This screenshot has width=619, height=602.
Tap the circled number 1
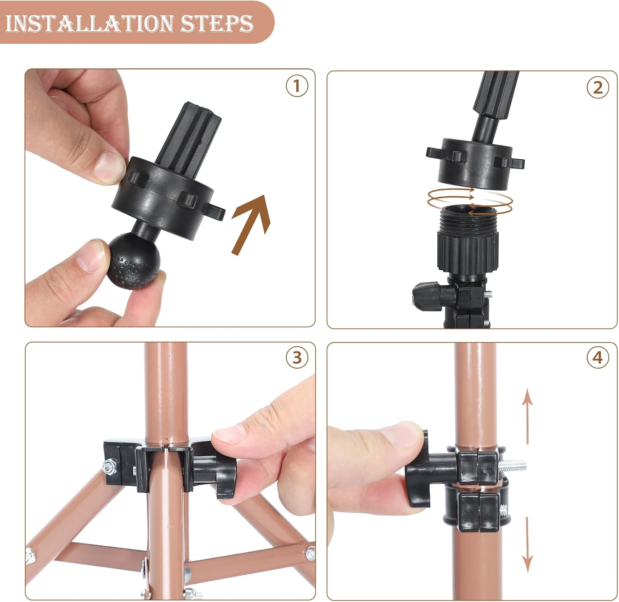click(297, 87)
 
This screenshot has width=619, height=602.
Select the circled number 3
click(297, 357)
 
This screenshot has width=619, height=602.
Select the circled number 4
click(598, 357)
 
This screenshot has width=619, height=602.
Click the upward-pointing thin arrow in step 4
click(527, 417)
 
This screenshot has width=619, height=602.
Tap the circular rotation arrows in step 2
click(470, 201)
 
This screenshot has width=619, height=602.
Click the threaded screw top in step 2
click(469, 219)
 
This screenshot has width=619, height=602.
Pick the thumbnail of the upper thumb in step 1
click(109, 166)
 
